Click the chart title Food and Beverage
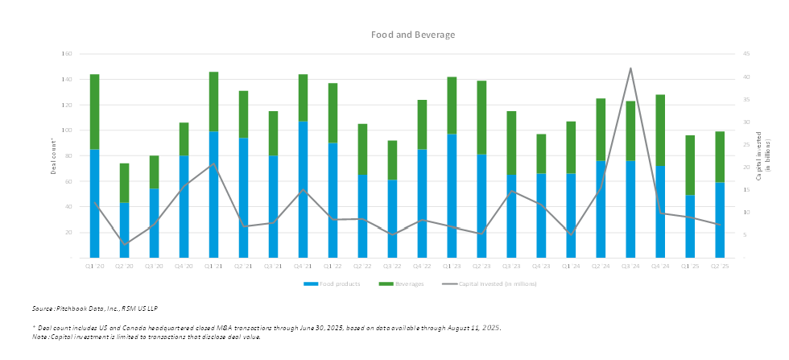(413, 35)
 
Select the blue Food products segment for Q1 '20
(94, 203)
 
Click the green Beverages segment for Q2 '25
(720, 157)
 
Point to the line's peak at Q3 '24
(630, 68)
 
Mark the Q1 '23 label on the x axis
(452, 265)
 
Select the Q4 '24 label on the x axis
(660, 265)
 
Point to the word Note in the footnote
(40, 337)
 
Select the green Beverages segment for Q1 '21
(213, 101)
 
